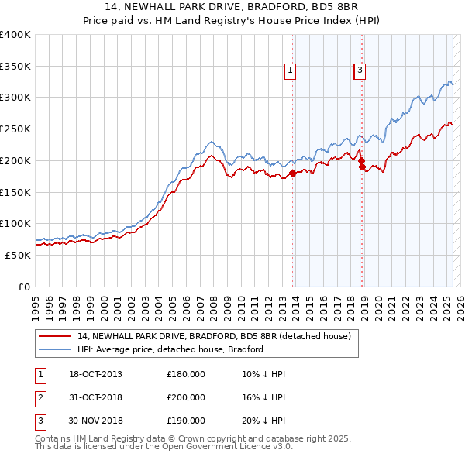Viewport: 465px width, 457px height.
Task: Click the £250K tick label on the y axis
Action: tap(15, 129)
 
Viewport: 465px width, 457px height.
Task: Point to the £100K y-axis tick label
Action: tap(15, 223)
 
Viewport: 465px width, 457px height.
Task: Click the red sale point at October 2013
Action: tap(293, 173)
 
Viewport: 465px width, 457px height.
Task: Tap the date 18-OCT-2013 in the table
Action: tap(95, 375)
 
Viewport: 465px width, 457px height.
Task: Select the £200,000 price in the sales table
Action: tap(186, 397)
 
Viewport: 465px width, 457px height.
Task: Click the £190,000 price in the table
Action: tap(186, 421)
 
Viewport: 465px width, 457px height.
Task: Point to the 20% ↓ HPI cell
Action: tap(263, 421)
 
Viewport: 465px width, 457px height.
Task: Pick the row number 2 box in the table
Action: tap(39, 397)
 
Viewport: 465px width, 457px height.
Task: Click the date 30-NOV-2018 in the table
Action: tap(96, 421)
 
